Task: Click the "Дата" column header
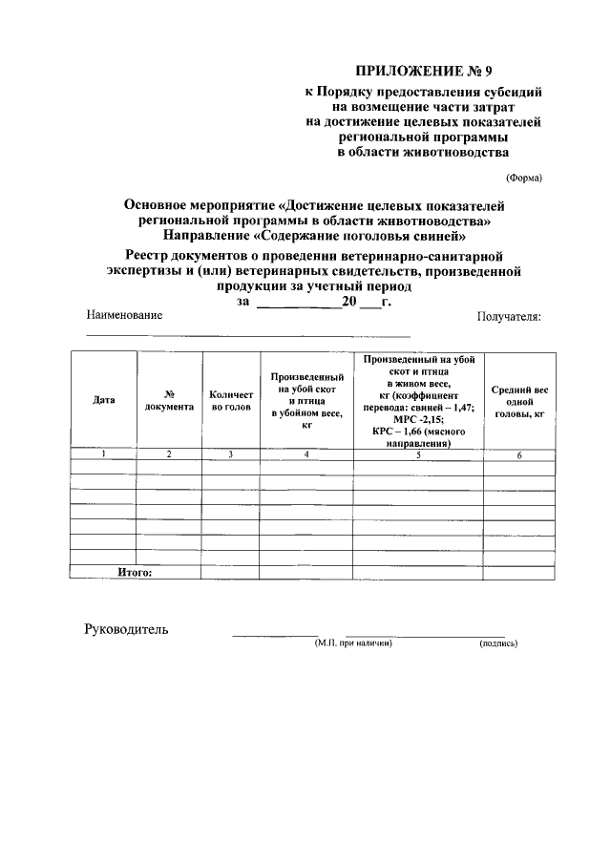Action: (x=103, y=400)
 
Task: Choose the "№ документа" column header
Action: (x=169, y=400)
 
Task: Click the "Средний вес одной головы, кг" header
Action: (x=519, y=402)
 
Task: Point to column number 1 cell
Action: (x=103, y=454)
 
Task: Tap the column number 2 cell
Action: (x=169, y=454)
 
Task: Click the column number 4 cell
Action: (x=306, y=454)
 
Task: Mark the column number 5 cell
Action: (x=418, y=454)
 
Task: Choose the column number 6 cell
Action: (x=519, y=455)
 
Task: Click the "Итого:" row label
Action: (x=135, y=572)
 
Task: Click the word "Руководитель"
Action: (x=126, y=629)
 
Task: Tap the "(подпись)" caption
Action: (x=498, y=643)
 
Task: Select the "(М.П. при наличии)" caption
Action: (x=353, y=643)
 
